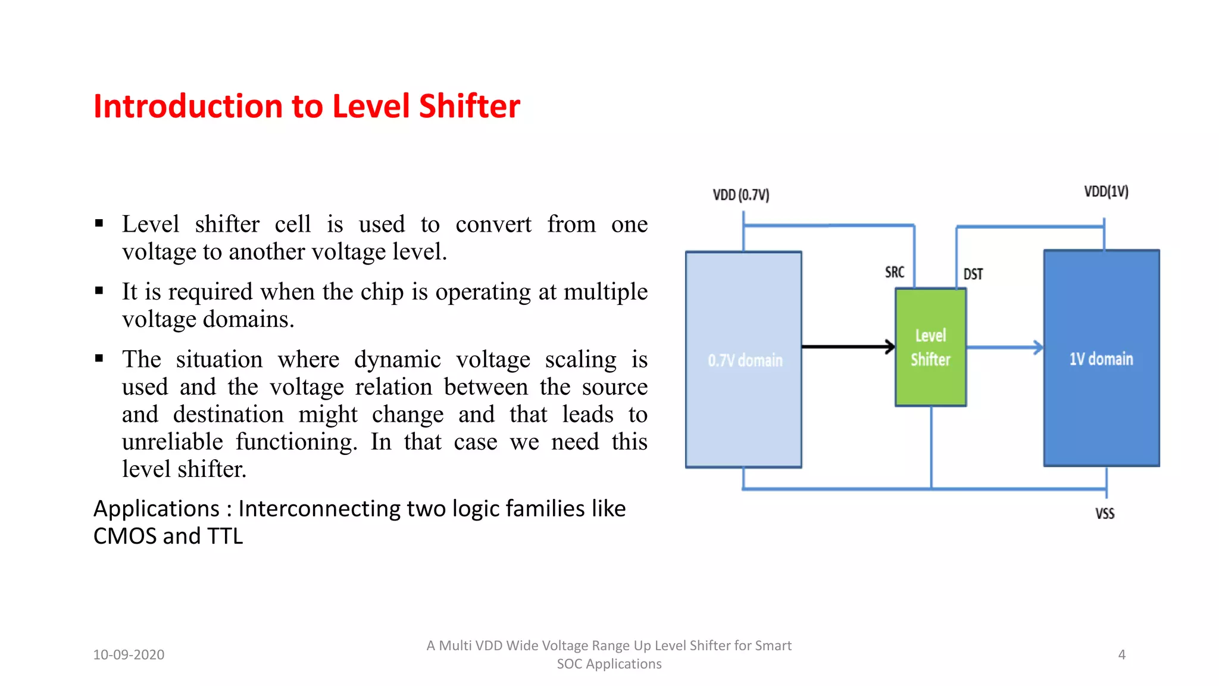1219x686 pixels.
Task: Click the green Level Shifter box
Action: click(930, 347)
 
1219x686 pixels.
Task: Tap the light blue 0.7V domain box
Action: click(743, 359)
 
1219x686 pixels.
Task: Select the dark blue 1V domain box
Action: click(1101, 358)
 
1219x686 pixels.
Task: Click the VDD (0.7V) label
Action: click(741, 195)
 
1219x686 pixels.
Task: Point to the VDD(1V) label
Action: click(1106, 191)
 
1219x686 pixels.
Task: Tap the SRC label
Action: click(894, 272)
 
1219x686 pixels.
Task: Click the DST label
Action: click(973, 274)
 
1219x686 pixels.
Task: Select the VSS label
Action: click(1105, 513)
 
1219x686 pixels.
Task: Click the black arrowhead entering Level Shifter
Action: click(890, 347)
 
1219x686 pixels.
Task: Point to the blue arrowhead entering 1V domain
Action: click(1038, 347)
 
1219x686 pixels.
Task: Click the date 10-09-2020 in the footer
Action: click(129, 654)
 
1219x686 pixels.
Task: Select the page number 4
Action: click(1121, 654)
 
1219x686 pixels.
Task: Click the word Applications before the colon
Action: click(157, 509)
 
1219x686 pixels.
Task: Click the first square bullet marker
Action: click(99, 224)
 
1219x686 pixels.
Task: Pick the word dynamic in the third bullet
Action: click(397, 359)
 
